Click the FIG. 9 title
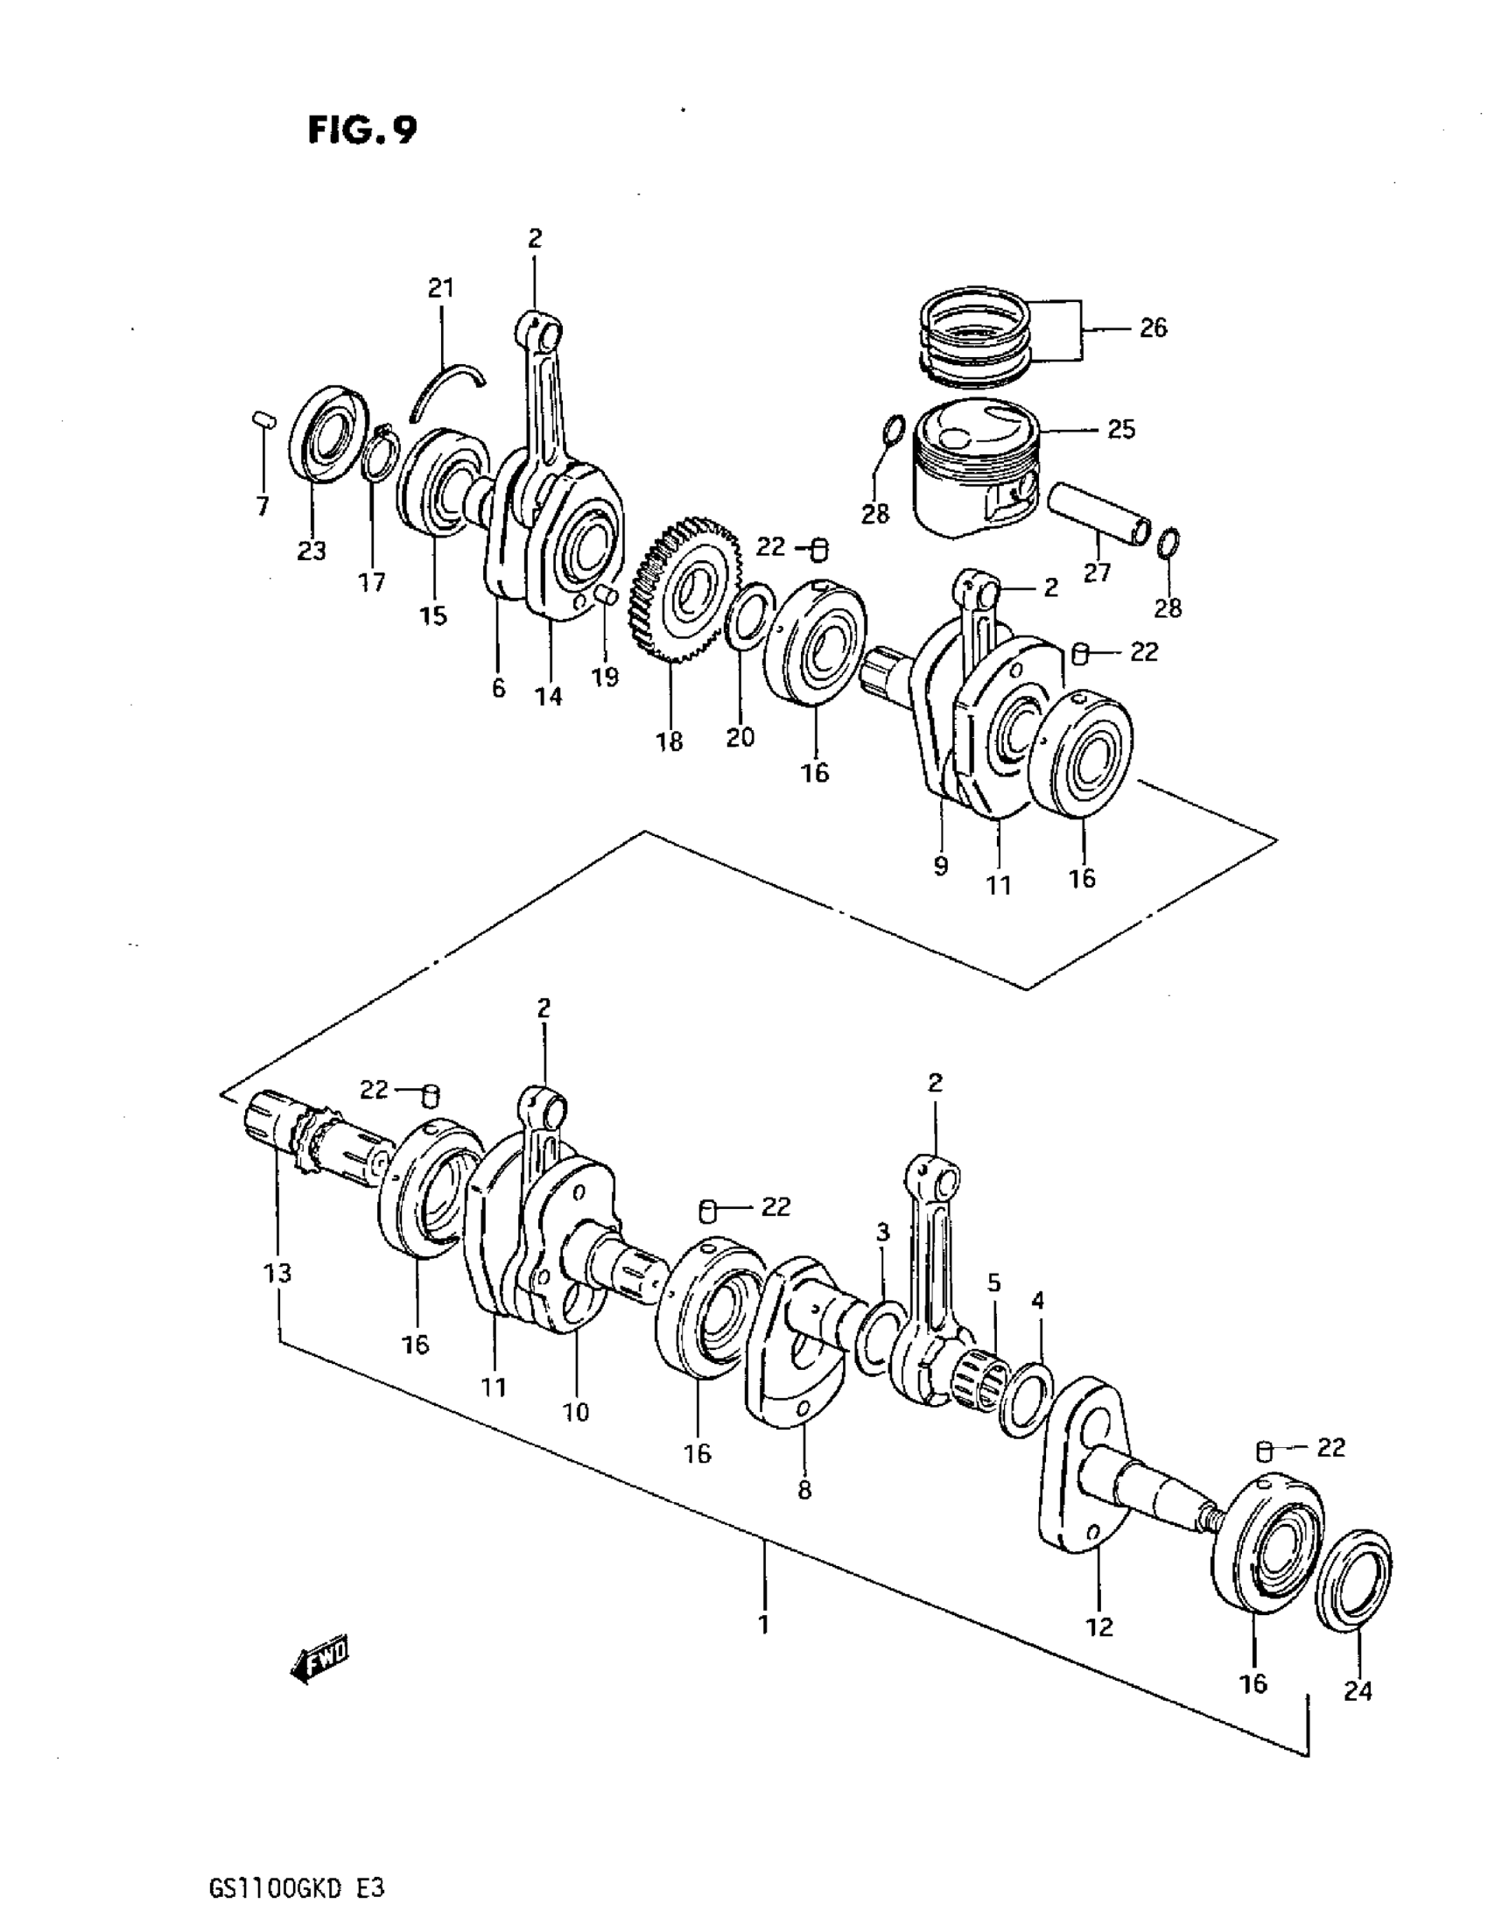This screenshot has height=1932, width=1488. coord(361,131)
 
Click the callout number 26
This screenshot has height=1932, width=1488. coord(1153,328)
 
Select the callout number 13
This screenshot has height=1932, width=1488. coord(277,1273)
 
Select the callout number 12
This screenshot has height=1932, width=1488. coord(1098,1626)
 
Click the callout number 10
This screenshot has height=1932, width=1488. coord(575,1412)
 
